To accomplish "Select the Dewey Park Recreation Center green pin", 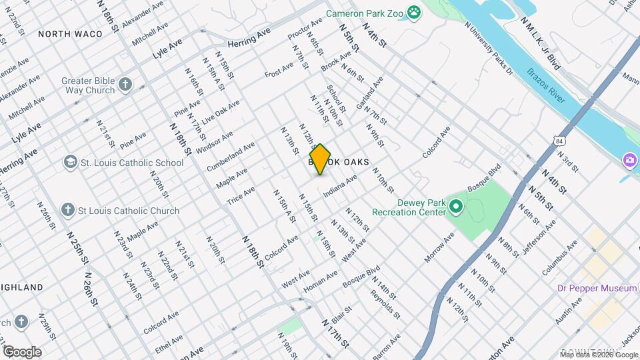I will [x=456, y=207].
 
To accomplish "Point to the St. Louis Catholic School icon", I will [x=70, y=163].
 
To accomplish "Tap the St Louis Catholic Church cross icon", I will [x=67, y=211].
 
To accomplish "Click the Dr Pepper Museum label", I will [x=597, y=288].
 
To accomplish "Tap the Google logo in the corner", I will [x=21, y=351].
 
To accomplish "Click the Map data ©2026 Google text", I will [x=599, y=355].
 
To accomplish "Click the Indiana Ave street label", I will [x=340, y=186].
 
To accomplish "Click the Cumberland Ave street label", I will [x=231, y=156].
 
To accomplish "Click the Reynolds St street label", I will [x=385, y=303].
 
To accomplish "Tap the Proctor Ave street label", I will [x=305, y=28].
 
